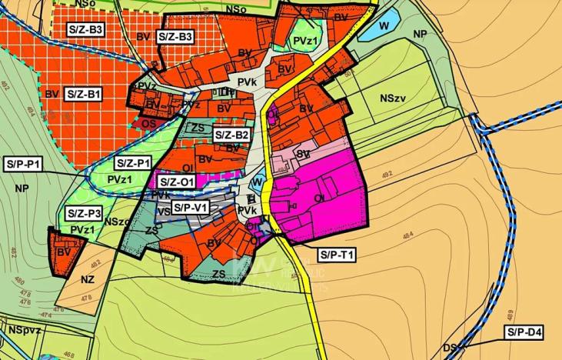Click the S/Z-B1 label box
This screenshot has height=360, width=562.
coord(85,94)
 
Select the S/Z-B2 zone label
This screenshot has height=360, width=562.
coord(231,135)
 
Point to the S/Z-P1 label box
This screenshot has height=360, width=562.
coord(134,163)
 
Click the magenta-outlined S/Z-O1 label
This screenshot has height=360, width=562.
coord(177,182)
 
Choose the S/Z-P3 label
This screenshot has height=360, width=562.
coord(84,213)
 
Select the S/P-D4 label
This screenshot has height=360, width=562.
coord(524,332)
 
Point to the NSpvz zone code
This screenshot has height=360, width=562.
coord(25,329)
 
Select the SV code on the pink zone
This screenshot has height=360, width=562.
coord(303,155)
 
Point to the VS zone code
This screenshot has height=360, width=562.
coord(164,212)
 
